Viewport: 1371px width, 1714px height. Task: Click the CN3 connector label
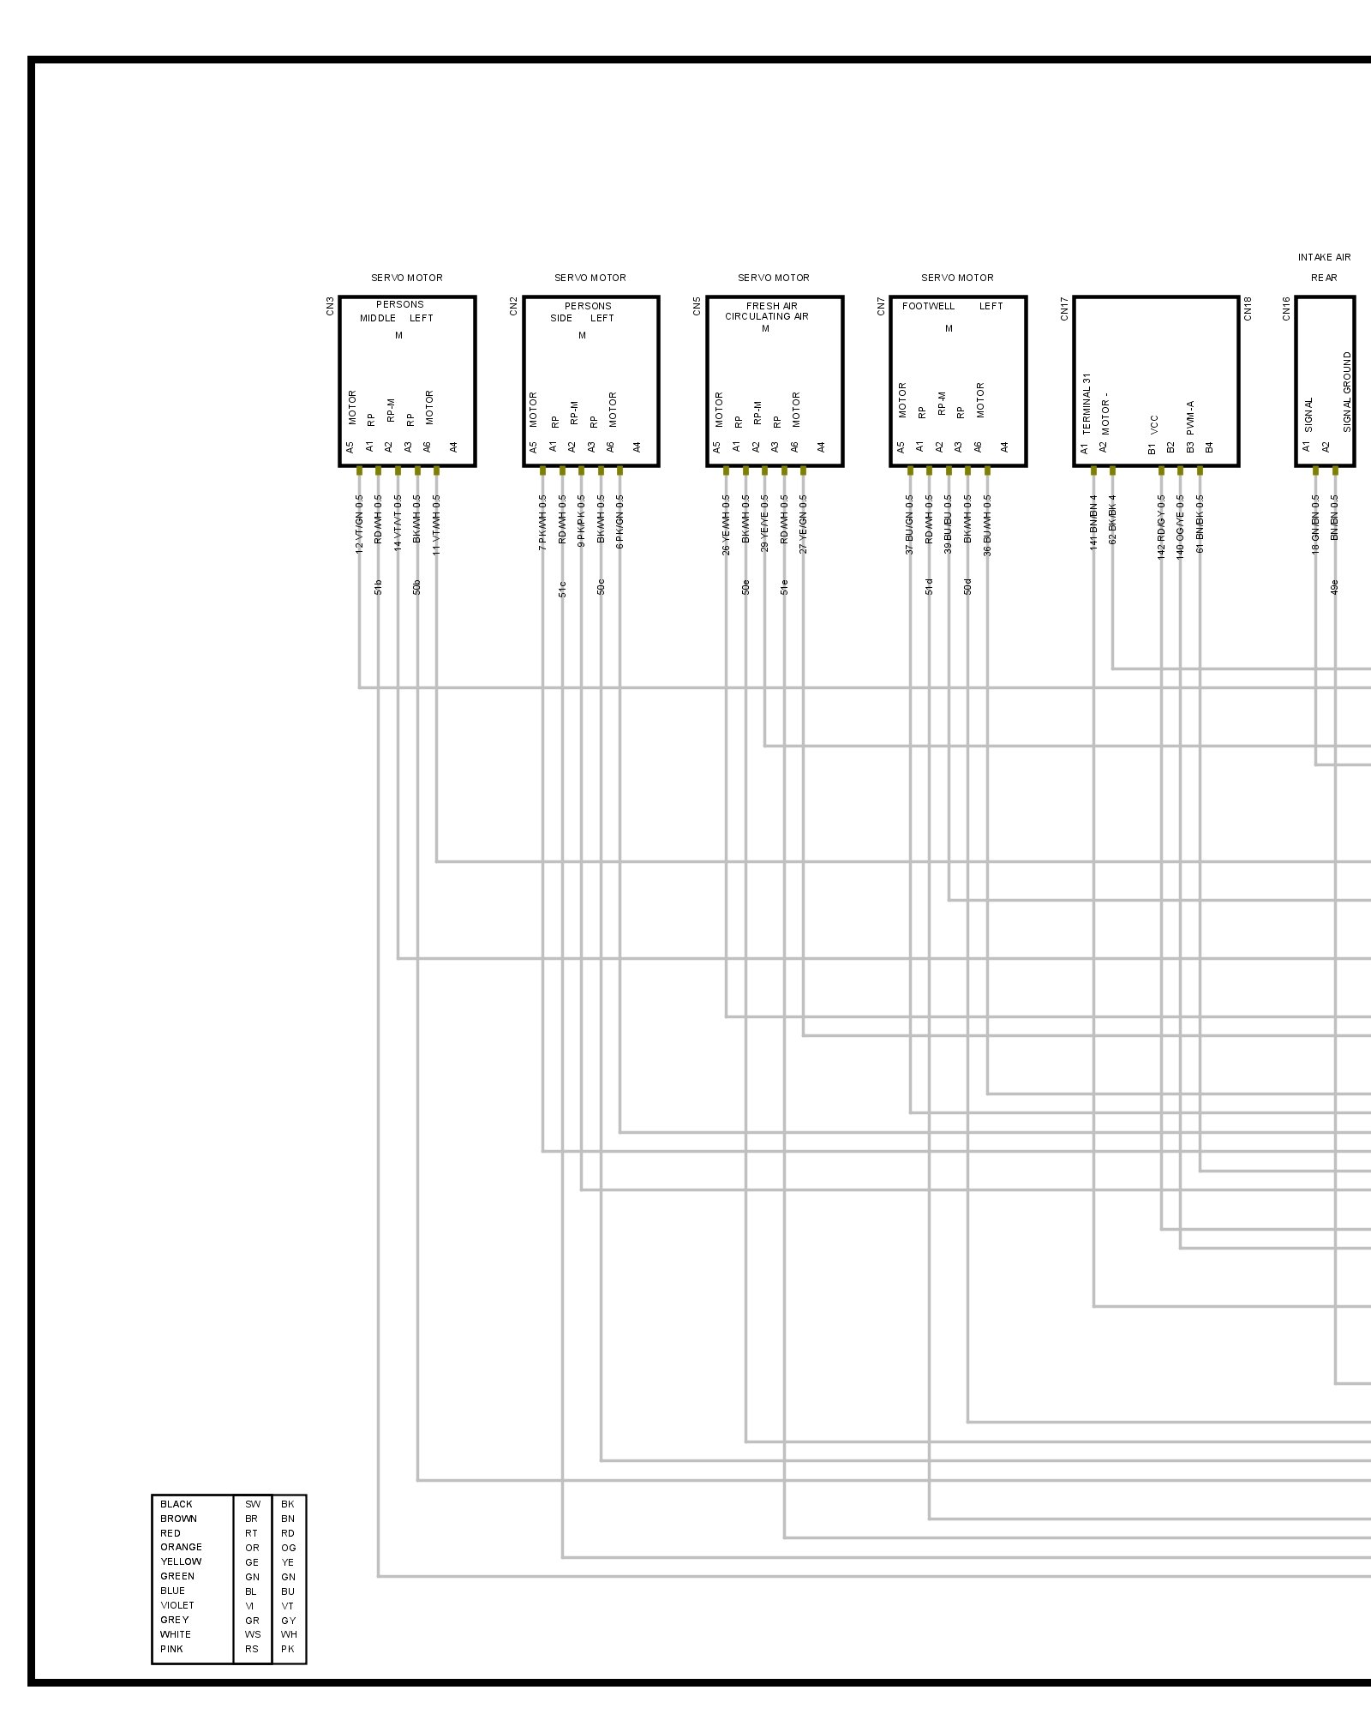pos(330,306)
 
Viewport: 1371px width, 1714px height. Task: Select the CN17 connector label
pos(1064,309)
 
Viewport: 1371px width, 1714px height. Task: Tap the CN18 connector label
pos(1248,309)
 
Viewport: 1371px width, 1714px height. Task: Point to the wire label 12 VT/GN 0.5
pos(359,524)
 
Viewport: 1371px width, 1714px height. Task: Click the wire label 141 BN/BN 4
pos(1093,522)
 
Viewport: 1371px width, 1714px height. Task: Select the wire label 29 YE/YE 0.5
pos(764,524)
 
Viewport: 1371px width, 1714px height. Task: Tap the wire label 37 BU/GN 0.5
pos(909,524)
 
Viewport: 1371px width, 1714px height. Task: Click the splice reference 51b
pos(378,587)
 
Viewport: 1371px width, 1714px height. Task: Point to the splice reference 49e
pos(1335,587)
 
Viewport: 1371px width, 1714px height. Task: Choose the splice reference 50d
pos(967,587)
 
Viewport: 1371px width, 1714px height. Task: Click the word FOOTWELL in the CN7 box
pos(928,306)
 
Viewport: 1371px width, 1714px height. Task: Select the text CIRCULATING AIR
pos(766,316)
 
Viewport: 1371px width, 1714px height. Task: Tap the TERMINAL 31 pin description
pos(1087,402)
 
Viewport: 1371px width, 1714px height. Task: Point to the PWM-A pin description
pos(1190,417)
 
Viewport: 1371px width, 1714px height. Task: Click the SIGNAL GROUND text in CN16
pos(1347,392)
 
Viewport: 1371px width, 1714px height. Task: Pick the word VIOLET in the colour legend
pos(177,1605)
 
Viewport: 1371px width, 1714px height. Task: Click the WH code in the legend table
pos(289,1634)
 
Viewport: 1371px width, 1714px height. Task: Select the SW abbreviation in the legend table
pos(252,1504)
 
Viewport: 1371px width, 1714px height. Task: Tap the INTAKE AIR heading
pos(1324,257)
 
